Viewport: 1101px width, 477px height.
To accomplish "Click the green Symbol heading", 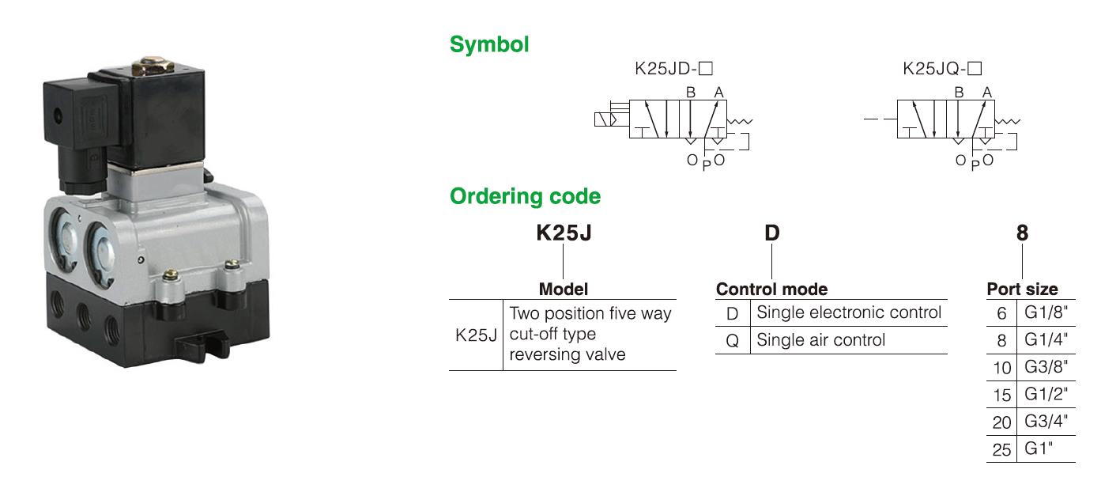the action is pyautogui.click(x=489, y=45).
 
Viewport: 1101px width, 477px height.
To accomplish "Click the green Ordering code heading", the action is pyautogui.click(x=525, y=196).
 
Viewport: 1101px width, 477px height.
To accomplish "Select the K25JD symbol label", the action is pyautogui.click(x=673, y=68).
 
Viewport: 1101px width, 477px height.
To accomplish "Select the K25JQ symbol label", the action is pyautogui.click(x=942, y=68).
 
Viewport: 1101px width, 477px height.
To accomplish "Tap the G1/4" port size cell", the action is pyautogui.click(x=1046, y=339).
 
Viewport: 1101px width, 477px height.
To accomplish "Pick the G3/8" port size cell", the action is pyautogui.click(x=1046, y=367).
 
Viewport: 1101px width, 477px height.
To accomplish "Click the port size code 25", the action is pyautogui.click(x=1001, y=449).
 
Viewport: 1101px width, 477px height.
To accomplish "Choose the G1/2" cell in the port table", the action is pyautogui.click(x=1046, y=394).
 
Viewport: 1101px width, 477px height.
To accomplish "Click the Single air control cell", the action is pyautogui.click(x=821, y=340).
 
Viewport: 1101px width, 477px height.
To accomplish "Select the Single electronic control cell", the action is pyautogui.click(x=849, y=312).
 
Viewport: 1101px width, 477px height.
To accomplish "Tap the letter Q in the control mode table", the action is pyautogui.click(x=733, y=340).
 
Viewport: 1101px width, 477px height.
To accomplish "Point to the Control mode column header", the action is pyautogui.click(x=771, y=290).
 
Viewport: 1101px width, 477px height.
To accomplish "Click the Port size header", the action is pyautogui.click(x=1023, y=290).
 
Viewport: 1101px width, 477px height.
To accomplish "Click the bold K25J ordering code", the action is pyautogui.click(x=564, y=233).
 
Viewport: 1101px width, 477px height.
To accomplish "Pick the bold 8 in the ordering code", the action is pyautogui.click(x=1023, y=233).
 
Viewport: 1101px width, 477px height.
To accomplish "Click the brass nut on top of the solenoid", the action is pyautogui.click(x=153, y=66).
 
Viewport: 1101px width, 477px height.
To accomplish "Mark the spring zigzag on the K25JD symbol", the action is pyautogui.click(x=740, y=121).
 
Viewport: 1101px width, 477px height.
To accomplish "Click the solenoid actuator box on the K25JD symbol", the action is pyautogui.click(x=605, y=119).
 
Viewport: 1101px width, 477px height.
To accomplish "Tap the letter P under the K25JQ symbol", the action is pyautogui.click(x=975, y=165).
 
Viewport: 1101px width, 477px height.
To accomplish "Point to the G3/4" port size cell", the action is pyautogui.click(x=1046, y=421).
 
